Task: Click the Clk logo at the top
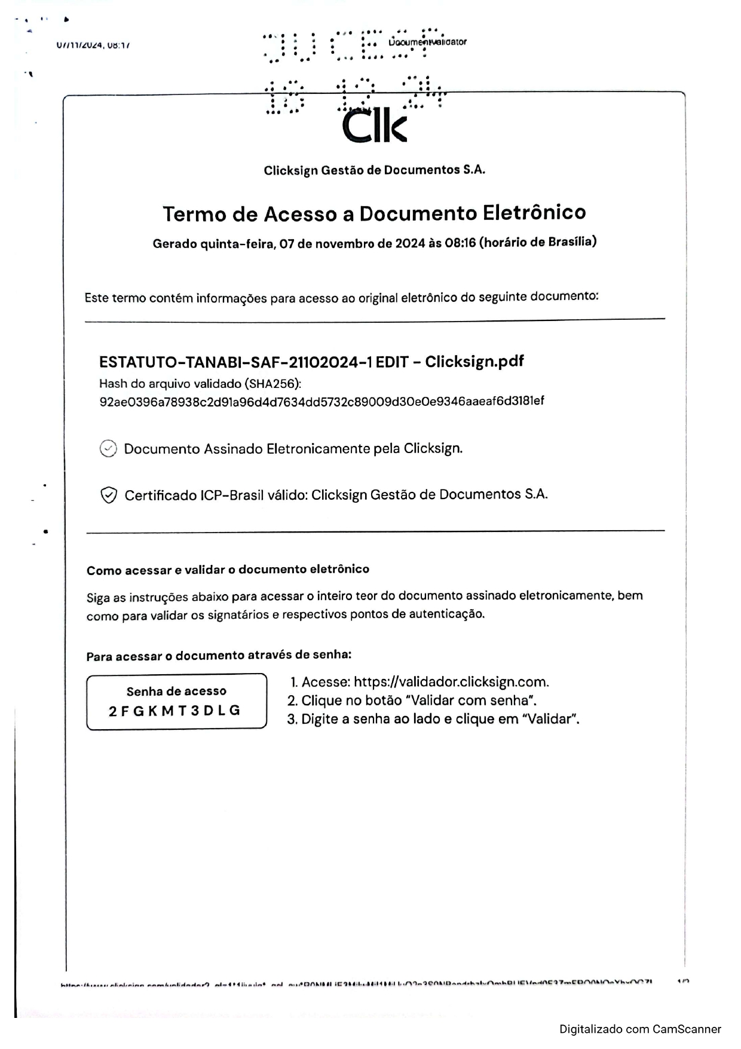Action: [x=374, y=126]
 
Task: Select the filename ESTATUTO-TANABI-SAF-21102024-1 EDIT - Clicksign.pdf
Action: [x=311, y=362]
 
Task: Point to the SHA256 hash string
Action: [x=321, y=401]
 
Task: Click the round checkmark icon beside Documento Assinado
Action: [x=108, y=448]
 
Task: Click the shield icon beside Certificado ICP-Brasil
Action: [x=108, y=496]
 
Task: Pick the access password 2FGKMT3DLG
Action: [x=174, y=711]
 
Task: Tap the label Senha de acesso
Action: [x=176, y=692]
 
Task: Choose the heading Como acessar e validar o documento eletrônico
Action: [x=228, y=570]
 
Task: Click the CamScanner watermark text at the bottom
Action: [x=640, y=1029]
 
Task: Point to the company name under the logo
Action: [x=374, y=170]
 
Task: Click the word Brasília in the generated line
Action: [x=570, y=241]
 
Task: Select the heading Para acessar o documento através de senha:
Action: [x=219, y=656]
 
